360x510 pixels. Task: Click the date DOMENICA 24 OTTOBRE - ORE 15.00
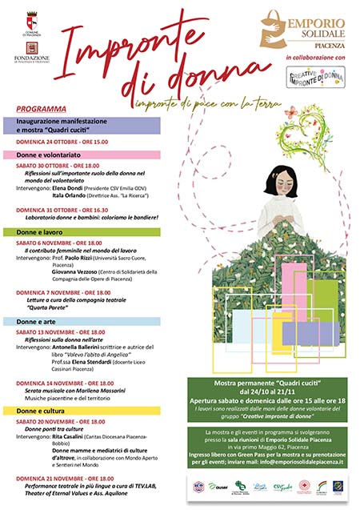(x=62, y=142)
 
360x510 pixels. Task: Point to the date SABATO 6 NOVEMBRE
(x=47, y=243)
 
